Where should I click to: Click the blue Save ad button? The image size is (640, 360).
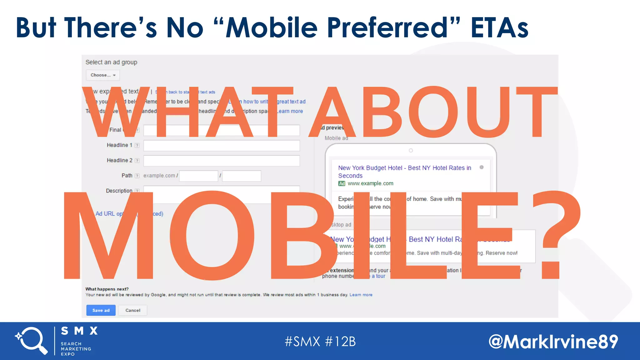pos(101,310)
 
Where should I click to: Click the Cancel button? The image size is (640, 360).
pos(133,310)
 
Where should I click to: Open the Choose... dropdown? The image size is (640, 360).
pos(103,75)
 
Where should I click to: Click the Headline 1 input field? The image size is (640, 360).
pos(221,145)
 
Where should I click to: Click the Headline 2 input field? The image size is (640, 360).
pos(221,161)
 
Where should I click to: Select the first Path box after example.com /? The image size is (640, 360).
pos(198,176)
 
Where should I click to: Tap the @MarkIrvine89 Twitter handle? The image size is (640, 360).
pos(553,342)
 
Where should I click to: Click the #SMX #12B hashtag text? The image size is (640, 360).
pos(320,342)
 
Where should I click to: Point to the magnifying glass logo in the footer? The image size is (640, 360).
pos(32,341)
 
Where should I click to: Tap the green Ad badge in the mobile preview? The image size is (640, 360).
pos(342,183)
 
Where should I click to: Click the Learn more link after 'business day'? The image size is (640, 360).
pos(361,295)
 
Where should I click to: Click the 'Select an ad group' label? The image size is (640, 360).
pos(111,62)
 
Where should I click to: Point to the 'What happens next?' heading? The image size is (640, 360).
pos(107,289)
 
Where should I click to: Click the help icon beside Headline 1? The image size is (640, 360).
pos(137,145)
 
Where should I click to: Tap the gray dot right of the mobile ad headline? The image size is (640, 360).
pos(482,167)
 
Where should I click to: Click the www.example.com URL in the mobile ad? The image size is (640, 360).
pos(370,183)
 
